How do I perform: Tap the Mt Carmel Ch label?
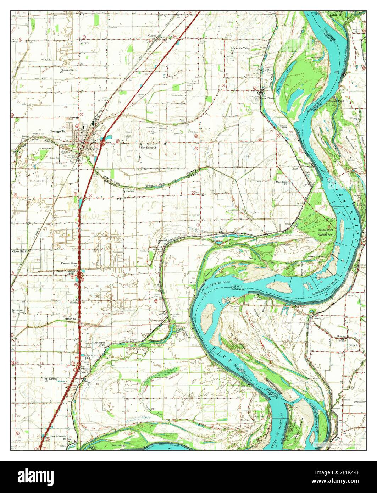51,379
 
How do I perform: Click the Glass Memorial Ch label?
58,437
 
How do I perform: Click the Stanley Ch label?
71,319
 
